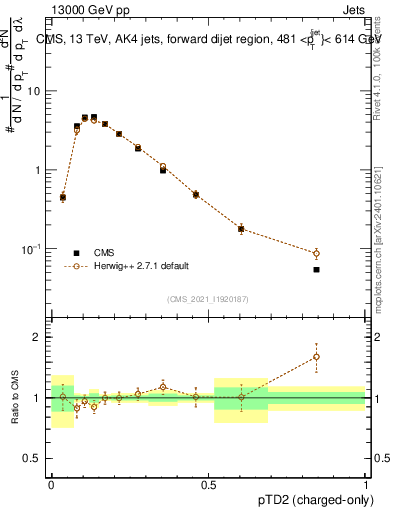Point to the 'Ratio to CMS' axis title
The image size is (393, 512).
pos(13,398)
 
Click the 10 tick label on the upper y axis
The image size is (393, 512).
pos(37,91)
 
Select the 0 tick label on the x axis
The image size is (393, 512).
pos(51,483)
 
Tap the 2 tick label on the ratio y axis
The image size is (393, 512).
pos(40,337)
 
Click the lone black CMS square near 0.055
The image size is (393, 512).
pos(316,269)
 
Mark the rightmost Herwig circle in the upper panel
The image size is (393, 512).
pos(316,253)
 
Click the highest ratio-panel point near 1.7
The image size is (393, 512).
pos(316,356)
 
